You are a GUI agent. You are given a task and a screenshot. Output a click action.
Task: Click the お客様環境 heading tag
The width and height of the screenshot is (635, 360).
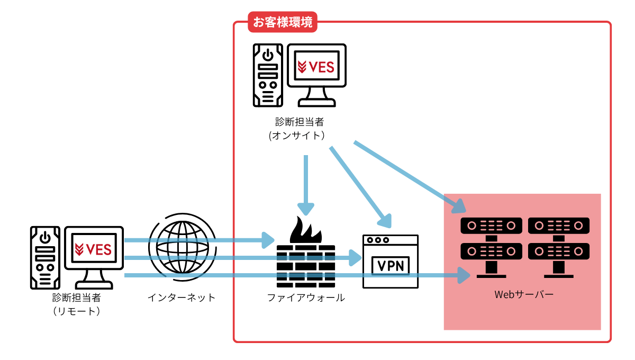coord(283,23)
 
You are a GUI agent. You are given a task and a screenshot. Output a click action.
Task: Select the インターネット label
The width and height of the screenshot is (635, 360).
coord(182,298)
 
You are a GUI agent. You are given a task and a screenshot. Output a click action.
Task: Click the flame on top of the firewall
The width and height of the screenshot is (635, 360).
coord(305,231)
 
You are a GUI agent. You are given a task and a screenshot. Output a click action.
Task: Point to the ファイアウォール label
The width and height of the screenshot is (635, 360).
coord(306,298)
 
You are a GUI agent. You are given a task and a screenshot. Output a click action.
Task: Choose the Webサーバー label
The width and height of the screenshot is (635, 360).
coord(523,294)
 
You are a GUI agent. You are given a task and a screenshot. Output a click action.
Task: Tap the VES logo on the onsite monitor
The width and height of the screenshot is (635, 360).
coord(316,67)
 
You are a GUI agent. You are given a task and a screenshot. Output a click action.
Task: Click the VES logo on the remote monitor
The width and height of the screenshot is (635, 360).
coord(94,249)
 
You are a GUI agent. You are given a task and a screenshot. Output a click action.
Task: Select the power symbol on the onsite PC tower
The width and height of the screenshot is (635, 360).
coord(269,55)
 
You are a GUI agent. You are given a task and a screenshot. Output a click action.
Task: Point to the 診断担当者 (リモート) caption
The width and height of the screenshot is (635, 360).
coord(77,304)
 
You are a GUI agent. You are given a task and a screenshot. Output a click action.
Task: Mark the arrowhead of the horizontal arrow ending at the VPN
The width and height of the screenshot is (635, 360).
coord(356,258)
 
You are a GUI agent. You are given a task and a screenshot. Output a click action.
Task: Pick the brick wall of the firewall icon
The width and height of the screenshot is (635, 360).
coord(306,267)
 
